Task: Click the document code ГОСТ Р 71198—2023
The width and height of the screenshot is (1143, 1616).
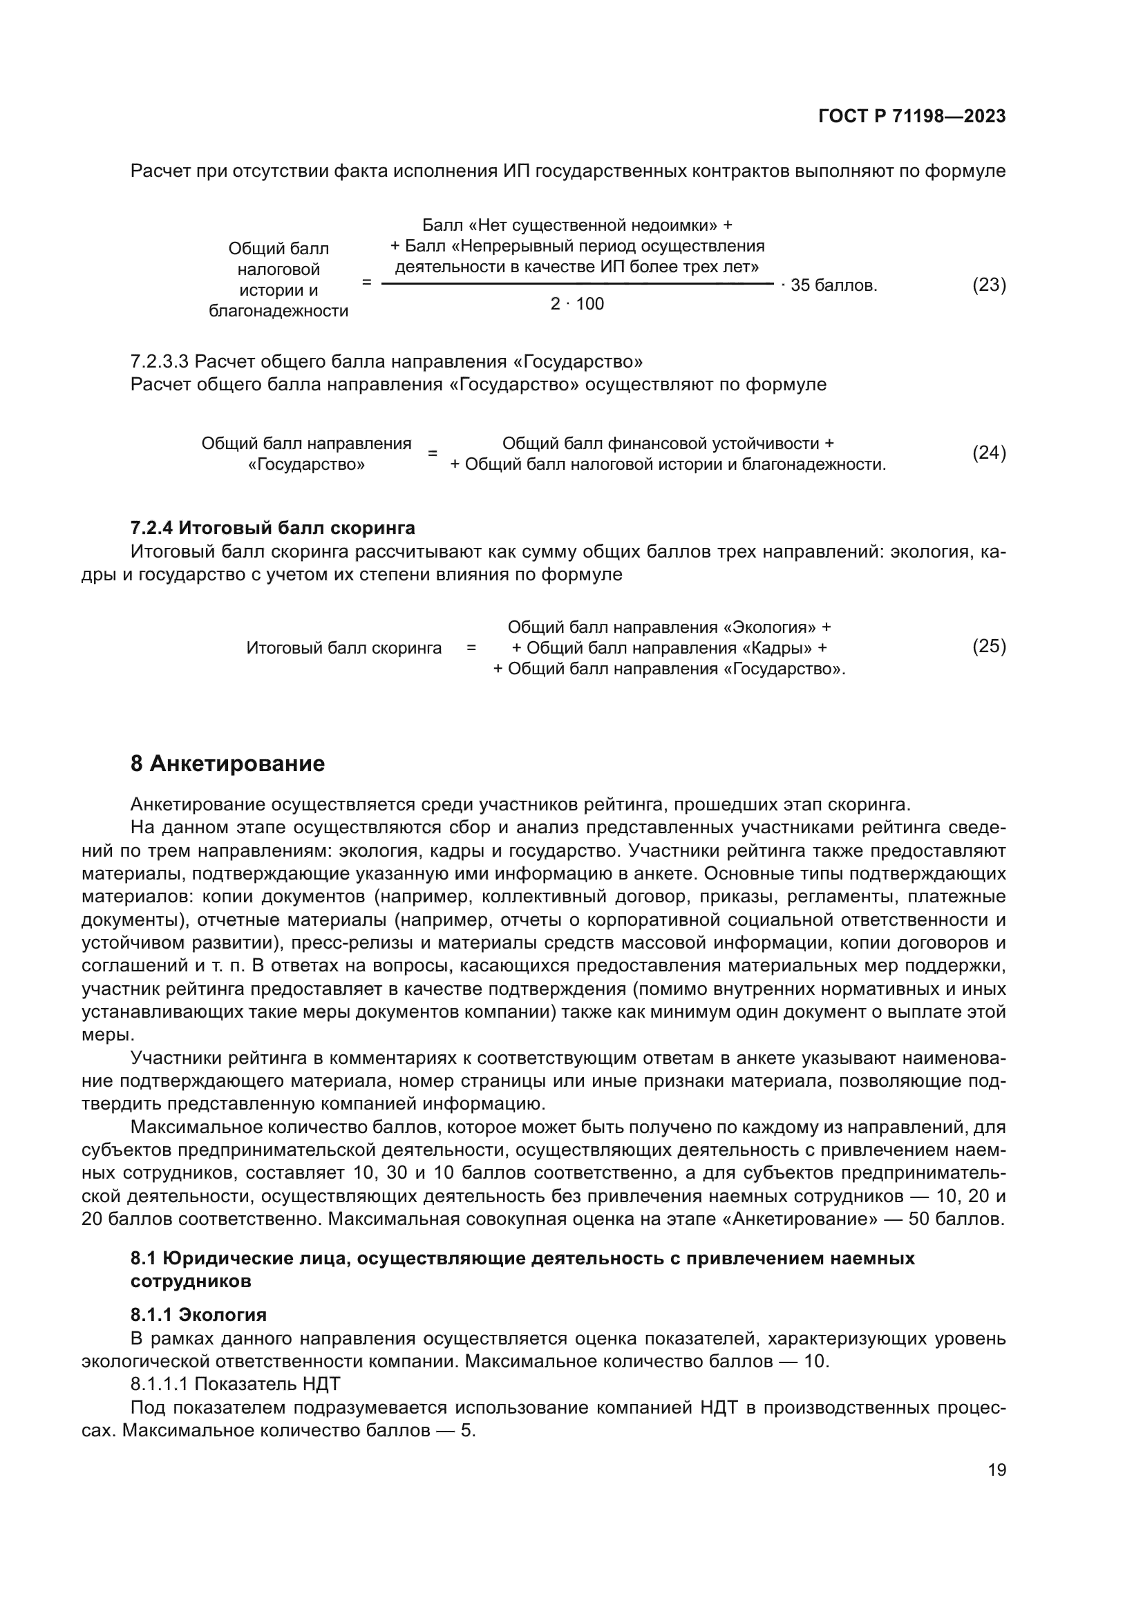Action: pyautogui.click(x=911, y=117)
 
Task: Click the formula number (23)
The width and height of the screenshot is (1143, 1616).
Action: pyautogui.click(x=988, y=285)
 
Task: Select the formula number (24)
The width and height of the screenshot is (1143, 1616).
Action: pyautogui.click(x=988, y=453)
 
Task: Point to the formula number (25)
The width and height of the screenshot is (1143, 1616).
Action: pyautogui.click(x=988, y=646)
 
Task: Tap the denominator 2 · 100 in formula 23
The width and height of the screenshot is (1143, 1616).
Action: pyautogui.click(x=576, y=304)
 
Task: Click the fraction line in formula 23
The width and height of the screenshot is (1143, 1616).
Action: pyautogui.click(x=576, y=284)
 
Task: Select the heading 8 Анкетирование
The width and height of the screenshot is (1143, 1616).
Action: pyautogui.click(x=227, y=763)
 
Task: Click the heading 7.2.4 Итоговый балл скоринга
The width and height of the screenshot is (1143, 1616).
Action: pyautogui.click(x=272, y=528)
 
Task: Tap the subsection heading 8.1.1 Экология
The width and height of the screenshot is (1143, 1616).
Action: pyautogui.click(x=198, y=1315)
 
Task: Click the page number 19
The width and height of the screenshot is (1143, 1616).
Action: pyautogui.click(x=996, y=1470)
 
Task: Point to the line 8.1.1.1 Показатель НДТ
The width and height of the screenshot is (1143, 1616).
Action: pyautogui.click(x=235, y=1384)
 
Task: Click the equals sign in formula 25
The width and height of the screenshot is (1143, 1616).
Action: pyautogui.click(x=471, y=648)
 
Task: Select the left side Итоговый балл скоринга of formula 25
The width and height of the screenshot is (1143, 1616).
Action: pyautogui.click(x=343, y=648)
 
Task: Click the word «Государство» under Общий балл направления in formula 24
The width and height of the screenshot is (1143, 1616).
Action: pyautogui.click(x=306, y=465)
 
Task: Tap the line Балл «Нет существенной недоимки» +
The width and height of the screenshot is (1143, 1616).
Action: pyautogui.click(x=576, y=225)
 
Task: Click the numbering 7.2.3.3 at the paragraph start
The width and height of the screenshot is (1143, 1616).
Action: pyautogui.click(x=159, y=362)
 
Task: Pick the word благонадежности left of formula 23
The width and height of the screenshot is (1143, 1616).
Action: pyautogui.click(x=278, y=311)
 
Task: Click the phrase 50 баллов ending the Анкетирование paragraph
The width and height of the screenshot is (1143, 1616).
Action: pyautogui.click(x=954, y=1219)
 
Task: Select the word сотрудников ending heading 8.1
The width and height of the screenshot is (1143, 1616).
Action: pyautogui.click(x=190, y=1281)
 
